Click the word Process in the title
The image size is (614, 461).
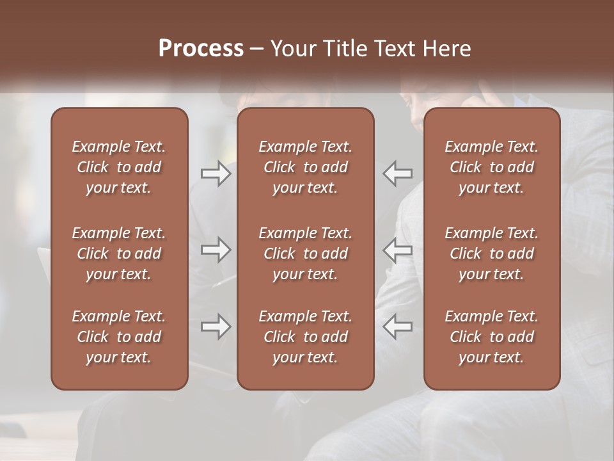[201, 48]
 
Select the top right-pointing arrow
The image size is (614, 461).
[216, 174]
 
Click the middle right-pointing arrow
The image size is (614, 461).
[216, 250]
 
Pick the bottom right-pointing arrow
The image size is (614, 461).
[216, 327]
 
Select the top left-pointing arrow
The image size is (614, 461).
[397, 174]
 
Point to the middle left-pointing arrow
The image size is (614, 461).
[397, 250]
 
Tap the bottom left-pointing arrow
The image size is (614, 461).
[397, 327]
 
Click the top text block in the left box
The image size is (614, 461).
[119, 167]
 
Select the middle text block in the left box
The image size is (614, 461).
[119, 254]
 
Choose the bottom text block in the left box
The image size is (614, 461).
[119, 337]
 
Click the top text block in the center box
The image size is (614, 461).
[306, 167]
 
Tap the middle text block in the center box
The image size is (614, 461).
[306, 254]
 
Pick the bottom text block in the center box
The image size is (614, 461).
[306, 337]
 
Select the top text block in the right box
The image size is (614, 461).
[492, 167]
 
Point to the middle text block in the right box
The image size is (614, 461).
[492, 254]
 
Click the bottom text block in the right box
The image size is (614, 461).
[492, 337]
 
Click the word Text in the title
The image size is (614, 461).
[393, 49]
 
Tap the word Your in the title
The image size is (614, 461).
[291, 49]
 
